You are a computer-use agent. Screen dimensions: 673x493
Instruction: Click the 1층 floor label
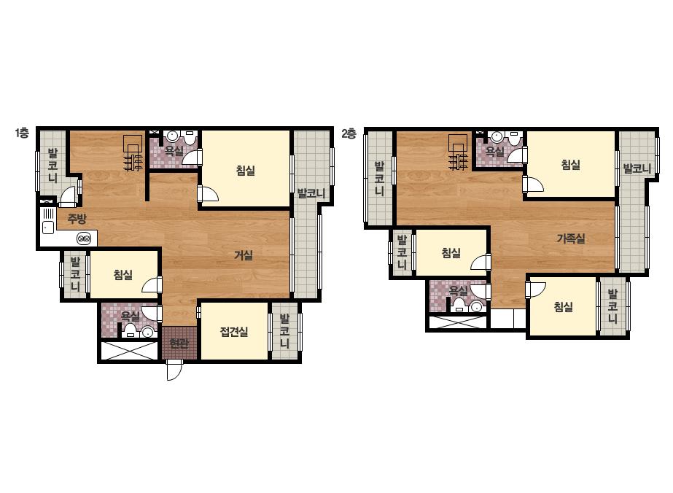click(x=22, y=133)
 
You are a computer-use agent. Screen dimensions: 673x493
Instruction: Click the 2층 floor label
click(x=349, y=133)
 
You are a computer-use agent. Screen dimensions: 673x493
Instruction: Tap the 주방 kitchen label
click(x=77, y=219)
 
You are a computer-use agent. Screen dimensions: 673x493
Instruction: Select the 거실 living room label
click(x=244, y=255)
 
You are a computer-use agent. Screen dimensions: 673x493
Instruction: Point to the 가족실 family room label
click(x=571, y=238)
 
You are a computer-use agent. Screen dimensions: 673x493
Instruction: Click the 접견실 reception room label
click(x=234, y=332)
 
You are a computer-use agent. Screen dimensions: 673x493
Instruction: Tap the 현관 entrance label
click(x=179, y=343)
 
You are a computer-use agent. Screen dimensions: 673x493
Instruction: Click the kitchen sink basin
click(x=47, y=228)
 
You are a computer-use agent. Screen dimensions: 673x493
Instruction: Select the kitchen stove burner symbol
click(x=84, y=238)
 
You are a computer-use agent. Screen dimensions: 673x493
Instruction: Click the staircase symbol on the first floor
click(x=133, y=153)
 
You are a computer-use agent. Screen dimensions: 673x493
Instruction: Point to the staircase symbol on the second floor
click(x=459, y=152)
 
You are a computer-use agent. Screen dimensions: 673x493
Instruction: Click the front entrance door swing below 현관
click(x=173, y=370)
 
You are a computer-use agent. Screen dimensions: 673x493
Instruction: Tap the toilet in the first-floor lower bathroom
click(x=130, y=330)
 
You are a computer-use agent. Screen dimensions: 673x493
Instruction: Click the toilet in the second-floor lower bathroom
click(x=459, y=304)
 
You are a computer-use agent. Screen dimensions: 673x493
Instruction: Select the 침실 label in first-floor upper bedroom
click(x=246, y=171)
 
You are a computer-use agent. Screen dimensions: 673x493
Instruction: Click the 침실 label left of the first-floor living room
click(x=123, y=275)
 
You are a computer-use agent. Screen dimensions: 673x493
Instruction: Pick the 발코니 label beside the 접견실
click(x=284, y=331)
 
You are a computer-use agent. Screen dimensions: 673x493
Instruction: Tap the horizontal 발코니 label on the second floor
click(x=637, y=168)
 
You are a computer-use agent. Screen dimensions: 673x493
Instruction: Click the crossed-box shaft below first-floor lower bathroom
click(x=128, y=351)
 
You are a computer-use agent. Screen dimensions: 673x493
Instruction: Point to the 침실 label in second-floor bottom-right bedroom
click(x=564, y=306)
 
